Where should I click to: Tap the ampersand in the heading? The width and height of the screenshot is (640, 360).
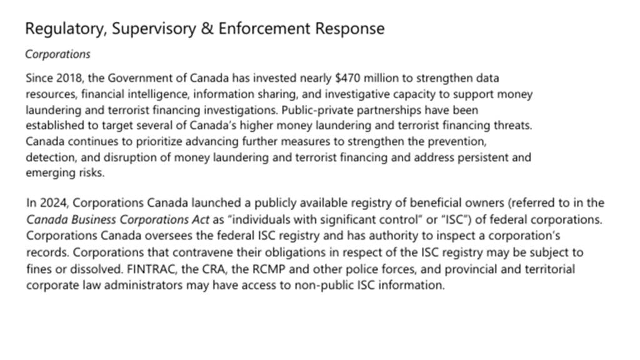point(207,29)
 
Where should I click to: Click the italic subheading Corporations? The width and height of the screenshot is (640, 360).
point(57,54)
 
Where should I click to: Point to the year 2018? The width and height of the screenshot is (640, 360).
point(65,79)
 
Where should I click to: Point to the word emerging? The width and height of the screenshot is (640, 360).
point(47,172)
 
